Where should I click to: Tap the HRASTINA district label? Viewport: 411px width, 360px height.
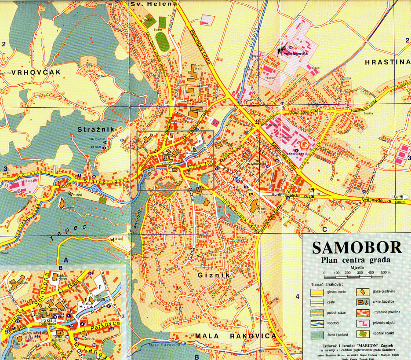[x=387, y=62]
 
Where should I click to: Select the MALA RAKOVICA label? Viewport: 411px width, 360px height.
[x=236, y=336]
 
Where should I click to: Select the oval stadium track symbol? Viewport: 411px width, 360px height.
[x=162, y=42]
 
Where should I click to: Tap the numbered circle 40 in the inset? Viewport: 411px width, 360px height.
[x=91, y=274]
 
